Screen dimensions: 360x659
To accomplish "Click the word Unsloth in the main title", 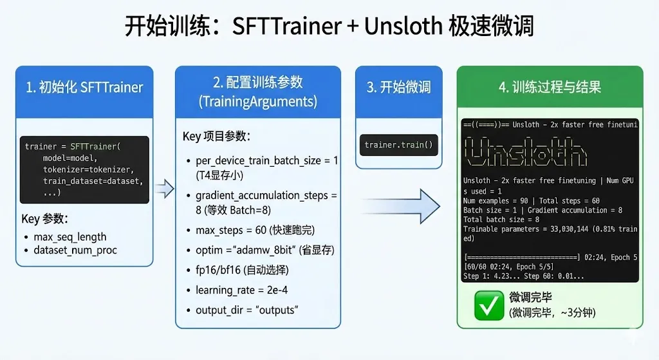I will tap(403, 26).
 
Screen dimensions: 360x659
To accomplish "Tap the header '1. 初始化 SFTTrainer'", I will tap(84, 88).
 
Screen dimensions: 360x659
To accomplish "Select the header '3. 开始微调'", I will tap(398, 88).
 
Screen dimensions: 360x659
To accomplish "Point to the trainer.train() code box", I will tap(398, 145).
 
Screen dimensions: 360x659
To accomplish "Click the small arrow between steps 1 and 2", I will tap(165, 188).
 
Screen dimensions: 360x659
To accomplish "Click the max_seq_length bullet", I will tap(70, 237).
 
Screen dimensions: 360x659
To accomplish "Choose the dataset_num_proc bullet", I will tap(75, 250).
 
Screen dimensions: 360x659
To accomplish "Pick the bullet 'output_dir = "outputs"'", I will tap(246, 310).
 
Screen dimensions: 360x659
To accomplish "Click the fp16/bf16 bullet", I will tap(242, 270).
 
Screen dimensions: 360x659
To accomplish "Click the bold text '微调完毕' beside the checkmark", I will tap(531, 298).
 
